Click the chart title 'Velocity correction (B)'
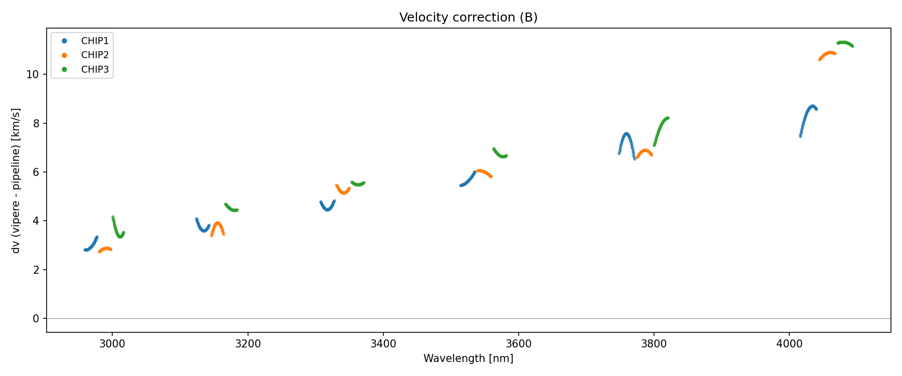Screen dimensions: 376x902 point(468,18)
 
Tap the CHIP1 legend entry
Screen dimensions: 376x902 point(95,41)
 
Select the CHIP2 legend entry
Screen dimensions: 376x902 point(95,55)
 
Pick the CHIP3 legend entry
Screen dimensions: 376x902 point(95,70)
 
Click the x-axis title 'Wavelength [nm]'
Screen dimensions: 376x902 point(468,358)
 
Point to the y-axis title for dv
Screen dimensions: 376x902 point(16,180)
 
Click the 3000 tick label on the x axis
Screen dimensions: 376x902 point(112,344)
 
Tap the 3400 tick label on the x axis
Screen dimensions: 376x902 point(383,344)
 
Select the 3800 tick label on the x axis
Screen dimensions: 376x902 point(653,344)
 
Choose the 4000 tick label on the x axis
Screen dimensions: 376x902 point(789,344)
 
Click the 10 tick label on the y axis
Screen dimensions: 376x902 point(33,75)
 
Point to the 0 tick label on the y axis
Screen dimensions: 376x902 point(36,319)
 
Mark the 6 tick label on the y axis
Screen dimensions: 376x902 point(36,172)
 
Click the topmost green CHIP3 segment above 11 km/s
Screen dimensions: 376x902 point(845,43)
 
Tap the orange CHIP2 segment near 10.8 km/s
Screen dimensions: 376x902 point(828,54)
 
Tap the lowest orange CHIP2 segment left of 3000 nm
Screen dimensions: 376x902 point(105,249)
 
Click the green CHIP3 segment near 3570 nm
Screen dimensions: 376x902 point(499,154)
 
